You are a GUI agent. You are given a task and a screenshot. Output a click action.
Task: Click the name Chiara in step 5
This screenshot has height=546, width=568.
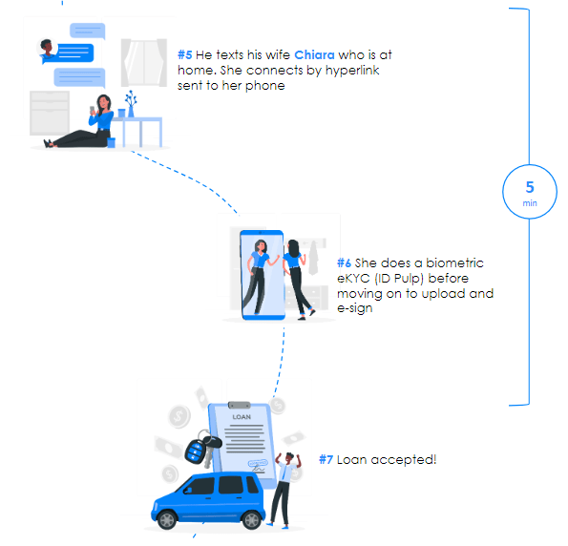point(314,55)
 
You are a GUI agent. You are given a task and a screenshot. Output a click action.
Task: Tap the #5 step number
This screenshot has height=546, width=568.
point(185,55)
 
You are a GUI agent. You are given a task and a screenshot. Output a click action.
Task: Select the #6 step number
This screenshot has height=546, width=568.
point(344,262)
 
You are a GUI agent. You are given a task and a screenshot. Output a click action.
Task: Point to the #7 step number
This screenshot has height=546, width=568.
point(326,460)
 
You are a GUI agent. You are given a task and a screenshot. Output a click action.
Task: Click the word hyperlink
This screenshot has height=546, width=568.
point(352,71)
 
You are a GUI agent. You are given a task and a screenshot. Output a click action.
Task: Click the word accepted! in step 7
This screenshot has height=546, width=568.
point(404,460)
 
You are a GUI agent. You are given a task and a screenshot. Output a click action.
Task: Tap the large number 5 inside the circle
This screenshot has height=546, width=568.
point(530,187)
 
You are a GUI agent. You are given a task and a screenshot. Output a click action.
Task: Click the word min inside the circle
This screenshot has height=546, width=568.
point(530,203)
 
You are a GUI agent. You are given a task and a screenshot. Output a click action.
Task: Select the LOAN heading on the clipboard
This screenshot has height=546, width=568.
point(242,417)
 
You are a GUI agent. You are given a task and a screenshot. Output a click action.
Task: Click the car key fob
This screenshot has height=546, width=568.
point(196,451)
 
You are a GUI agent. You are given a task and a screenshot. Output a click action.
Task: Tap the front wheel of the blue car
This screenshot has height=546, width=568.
point(167,520)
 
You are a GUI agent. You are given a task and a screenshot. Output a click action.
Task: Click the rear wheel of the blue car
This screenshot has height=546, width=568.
point(252,520)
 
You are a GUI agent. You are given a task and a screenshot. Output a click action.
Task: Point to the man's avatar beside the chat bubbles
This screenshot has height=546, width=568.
point(47,49)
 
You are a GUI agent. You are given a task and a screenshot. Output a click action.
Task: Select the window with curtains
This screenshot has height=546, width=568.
point(144,63)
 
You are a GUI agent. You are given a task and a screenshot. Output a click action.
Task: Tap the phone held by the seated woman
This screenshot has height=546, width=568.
point(93,110)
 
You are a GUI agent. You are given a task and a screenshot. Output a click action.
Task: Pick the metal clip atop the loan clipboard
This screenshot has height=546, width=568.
point(239,405)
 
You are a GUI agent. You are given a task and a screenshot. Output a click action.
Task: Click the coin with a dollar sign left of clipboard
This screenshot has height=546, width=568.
point(179,416)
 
